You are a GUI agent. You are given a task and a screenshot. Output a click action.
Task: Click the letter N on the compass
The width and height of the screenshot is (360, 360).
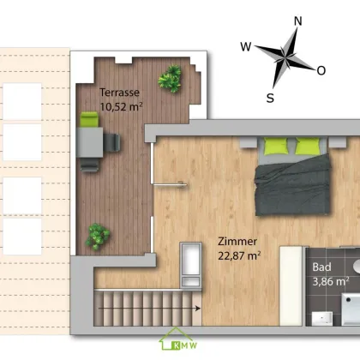298,21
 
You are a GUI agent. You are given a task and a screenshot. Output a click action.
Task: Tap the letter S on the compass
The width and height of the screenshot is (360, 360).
270,98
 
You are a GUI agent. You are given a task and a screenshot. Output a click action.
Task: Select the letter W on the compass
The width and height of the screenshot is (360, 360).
246,46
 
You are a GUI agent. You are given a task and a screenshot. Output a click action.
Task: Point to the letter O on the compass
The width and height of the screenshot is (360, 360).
321,70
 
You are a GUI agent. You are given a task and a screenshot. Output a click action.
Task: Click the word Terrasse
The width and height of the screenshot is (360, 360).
119,93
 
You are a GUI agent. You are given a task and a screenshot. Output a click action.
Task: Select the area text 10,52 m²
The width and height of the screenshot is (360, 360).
121,107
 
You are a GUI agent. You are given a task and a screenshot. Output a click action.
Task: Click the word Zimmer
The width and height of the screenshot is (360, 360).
237,242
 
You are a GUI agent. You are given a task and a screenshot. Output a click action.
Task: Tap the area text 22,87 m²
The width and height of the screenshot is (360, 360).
239,255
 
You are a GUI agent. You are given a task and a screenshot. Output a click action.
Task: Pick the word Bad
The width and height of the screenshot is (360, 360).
321,267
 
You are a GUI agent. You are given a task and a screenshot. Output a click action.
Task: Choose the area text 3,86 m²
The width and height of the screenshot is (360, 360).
331,281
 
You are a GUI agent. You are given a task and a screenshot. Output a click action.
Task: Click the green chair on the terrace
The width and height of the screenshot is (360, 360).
89,119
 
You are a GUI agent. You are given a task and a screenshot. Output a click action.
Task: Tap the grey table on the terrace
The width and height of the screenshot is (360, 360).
90,142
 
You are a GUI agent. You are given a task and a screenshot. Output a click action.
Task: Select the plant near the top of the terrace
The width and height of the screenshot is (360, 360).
170,79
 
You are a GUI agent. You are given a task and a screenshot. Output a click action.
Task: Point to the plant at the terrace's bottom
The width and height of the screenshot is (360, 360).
97,237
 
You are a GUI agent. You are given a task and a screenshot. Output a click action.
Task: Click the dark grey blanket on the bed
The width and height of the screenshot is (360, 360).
292,185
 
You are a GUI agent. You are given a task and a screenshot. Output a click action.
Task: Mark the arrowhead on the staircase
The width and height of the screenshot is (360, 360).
198,309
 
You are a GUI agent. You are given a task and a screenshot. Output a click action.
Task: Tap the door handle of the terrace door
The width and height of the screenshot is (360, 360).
181,184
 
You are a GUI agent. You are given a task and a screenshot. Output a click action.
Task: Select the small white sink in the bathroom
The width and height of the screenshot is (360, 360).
322,319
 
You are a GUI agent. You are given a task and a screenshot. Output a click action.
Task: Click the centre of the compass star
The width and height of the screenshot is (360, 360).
285,57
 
